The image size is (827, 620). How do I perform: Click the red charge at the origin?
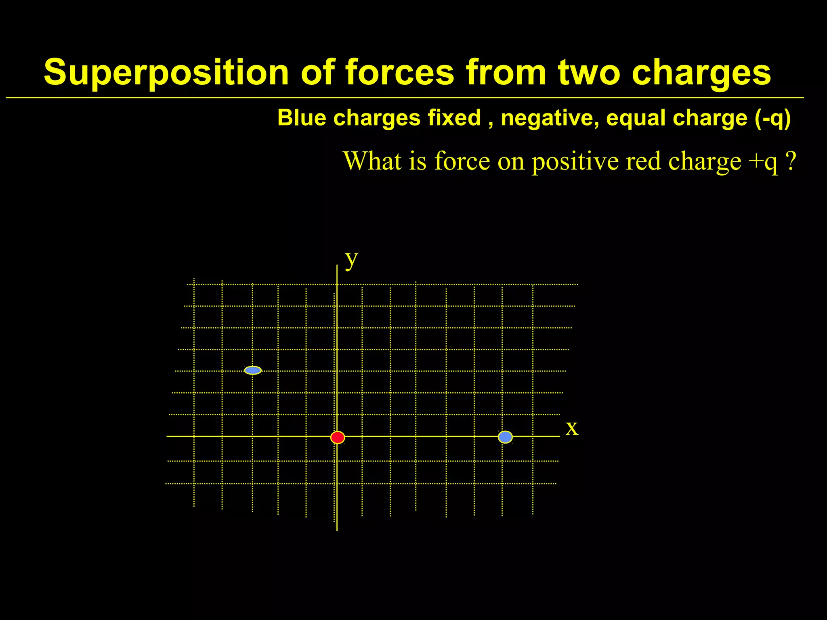coord(338,438)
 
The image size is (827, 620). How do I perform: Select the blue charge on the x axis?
coord(505,437)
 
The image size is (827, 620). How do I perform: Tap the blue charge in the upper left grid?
coord(253,370)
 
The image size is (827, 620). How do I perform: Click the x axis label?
coord(572,428)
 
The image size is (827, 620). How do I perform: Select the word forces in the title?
coord(400,73)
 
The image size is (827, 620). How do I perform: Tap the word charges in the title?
coord(701,73)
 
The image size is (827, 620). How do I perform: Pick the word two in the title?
coord(589,73)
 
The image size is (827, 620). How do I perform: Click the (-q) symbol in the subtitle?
coord(772,119)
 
